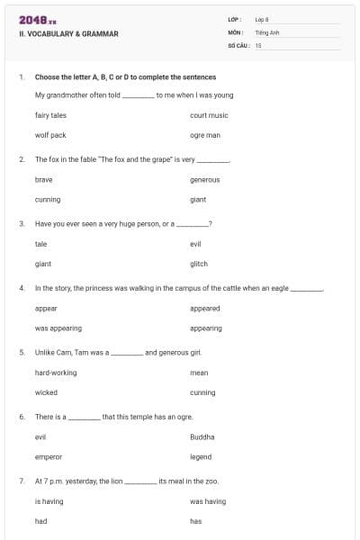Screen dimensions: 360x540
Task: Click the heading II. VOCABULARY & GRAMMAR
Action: [68, 34]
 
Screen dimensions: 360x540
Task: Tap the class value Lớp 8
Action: [261, 19]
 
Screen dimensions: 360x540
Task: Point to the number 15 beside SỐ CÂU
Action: [258, 44]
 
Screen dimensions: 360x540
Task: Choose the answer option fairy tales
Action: [50, 115]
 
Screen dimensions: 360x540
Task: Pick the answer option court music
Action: [209, 115]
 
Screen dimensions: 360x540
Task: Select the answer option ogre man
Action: [205, 135]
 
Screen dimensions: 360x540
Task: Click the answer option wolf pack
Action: [50, 135]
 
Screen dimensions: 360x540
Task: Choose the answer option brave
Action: [44, 180]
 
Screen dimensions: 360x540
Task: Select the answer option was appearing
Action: [58, 328]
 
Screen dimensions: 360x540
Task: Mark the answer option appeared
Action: [205, 309]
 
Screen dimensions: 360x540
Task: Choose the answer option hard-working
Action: [56, 373]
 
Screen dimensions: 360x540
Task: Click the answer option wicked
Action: [46, 392]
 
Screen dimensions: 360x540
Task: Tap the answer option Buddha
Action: [202, 436]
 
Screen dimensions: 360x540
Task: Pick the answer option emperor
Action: [49, 457]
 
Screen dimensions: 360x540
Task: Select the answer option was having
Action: [208, 501]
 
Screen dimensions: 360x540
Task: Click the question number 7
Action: [22, 481]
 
